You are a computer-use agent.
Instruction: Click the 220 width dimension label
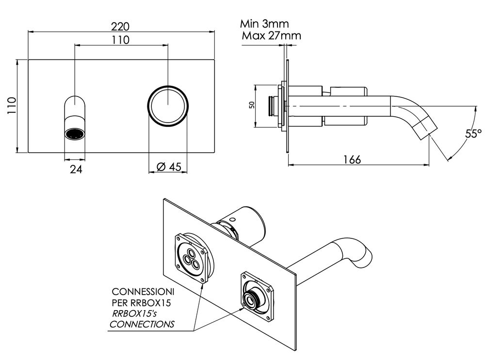(x=121, y=25)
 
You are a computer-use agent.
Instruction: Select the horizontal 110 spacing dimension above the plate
(x=121, y=40)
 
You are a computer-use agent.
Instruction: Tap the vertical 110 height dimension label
(x=12, y=105)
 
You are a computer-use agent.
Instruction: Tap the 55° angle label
(x=473, y=134)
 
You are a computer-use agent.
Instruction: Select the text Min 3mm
(x=265, y=24)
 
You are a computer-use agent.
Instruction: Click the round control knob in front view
(x=167, y=105)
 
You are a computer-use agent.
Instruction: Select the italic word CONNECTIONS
(x=142, y=324)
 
